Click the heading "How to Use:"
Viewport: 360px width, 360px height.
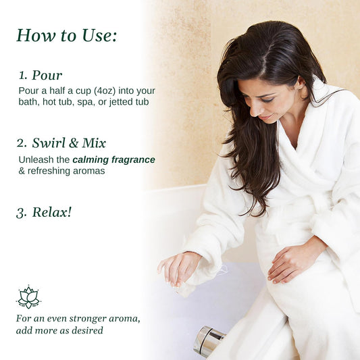pos(67,36)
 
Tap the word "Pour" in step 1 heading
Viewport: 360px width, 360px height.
pos(47,75)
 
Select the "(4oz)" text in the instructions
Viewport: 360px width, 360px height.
pos(105,91)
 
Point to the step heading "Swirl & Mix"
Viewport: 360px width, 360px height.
pos(69,143)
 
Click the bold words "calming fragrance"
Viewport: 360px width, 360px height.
pos(113,160)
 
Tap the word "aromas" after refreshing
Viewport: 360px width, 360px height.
pos(89,171)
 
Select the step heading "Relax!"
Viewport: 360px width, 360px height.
pos(52,212)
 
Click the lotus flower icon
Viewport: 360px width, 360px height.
pos(28,297)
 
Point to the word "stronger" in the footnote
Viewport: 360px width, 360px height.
pos(88,319)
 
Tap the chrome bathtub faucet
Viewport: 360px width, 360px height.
pos(209,341)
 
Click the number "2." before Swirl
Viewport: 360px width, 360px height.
pos(22,143)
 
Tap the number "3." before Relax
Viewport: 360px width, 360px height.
pos(22,213)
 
